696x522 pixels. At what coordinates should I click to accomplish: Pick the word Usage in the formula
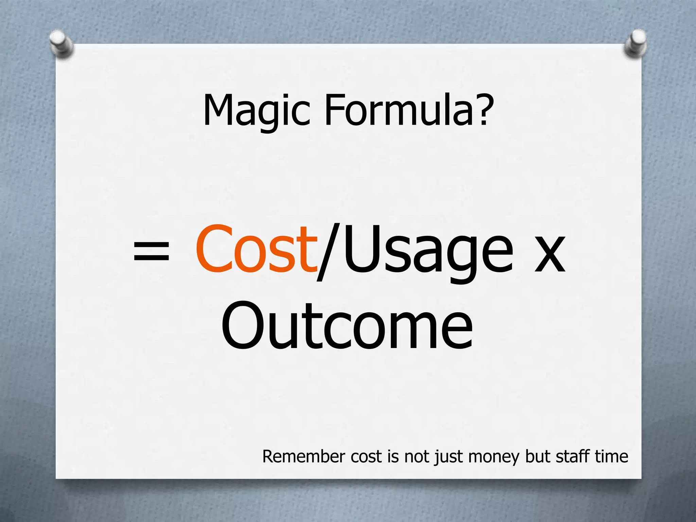[x=428, y=251]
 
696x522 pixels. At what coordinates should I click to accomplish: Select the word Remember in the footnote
[x=303, y=456]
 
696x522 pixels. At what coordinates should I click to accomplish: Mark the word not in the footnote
[x=417, y=456]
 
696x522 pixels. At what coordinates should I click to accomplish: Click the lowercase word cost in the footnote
[x=366, y=457]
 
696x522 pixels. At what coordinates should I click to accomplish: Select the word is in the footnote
[x=393, y=456]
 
